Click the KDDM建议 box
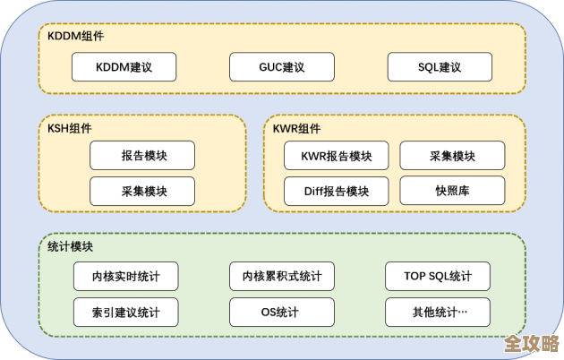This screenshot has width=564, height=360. (124, 67)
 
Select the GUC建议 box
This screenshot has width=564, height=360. (281, 67)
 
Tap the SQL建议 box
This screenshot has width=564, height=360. (440, 67)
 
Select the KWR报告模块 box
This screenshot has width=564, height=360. (336, 156)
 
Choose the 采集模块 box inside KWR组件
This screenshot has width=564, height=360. (452, 156)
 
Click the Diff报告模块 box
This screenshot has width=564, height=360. (336, 191)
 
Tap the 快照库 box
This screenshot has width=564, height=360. (452, 191)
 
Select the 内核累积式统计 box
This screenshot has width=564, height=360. (281, 276)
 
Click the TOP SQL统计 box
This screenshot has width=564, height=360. (438, 276)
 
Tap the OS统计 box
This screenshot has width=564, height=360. (281, 312)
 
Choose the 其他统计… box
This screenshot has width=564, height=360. (438, 312)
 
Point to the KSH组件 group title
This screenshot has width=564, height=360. (70, 128)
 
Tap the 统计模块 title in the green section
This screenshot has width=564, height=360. (70, 246)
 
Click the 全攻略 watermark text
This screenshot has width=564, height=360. (530, 343)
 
